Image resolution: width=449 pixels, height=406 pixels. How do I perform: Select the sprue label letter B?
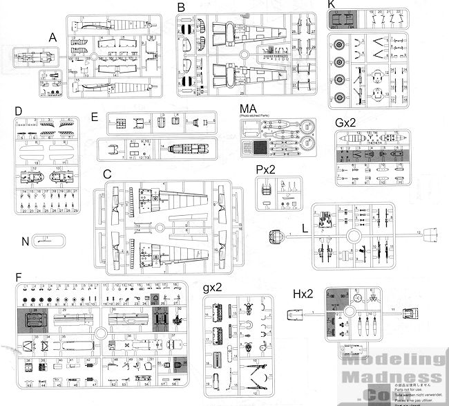tap(181, 7)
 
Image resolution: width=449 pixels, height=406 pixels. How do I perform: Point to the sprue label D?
tap(19, 111)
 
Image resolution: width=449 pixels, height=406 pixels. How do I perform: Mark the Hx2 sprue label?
tap(301, 294)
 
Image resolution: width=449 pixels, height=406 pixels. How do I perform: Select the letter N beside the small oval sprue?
tap(26, 242)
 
